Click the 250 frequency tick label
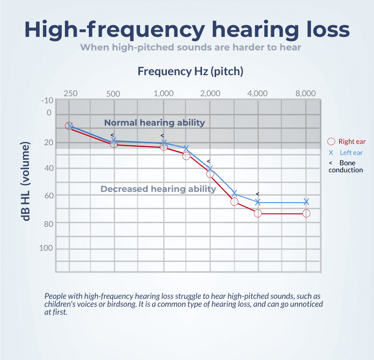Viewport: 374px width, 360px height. [x=71, y=93]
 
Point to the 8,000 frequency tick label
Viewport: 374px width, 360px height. [x=306, y=93]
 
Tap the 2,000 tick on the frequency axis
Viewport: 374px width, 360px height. [x=210, y=93]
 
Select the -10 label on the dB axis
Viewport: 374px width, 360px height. [x=47, y=100]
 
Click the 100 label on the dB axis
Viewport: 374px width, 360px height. [x=46, y=248]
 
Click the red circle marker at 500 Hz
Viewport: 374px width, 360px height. [x=114, y=144]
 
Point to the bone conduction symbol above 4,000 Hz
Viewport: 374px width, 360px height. [x=257, y=194]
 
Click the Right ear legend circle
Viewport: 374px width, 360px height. [x=331, y=141]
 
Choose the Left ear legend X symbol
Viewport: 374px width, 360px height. [x=331, y=153]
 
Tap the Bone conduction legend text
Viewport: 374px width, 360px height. [x=346, y=166]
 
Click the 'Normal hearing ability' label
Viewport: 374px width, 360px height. [x=154, y=123]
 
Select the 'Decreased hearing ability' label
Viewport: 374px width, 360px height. [x=158, y=189]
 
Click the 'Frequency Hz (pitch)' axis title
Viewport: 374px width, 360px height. [x=190, y=71]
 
